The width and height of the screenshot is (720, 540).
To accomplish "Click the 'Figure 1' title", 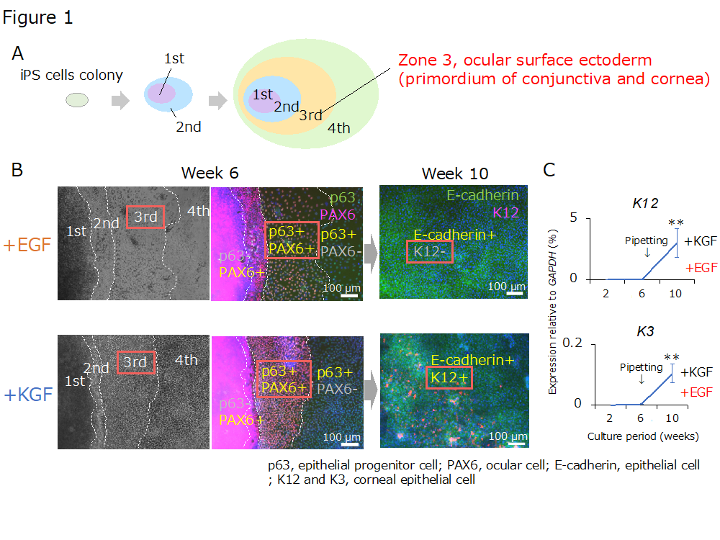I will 37,18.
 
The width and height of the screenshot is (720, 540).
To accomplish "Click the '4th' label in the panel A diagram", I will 338,129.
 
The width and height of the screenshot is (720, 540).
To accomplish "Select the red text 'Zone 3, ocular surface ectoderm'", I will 525,60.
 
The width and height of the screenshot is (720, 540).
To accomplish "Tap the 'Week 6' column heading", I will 210,173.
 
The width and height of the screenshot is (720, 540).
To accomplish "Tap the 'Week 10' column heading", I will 454,174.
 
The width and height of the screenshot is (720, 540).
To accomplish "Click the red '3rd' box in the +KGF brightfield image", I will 135,361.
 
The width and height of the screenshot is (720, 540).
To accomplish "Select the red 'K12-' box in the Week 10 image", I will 430,252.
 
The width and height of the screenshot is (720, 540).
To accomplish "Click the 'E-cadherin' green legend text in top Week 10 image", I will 482,195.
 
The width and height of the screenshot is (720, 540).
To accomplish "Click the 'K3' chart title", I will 644,332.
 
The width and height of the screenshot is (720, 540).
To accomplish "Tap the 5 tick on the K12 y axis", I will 574,217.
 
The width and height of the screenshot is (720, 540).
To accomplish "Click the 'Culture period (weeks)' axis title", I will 642,436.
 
